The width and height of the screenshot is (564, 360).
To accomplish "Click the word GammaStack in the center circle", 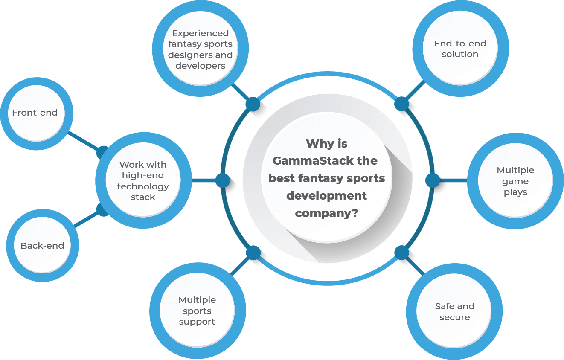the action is pyautogui.click(x=313, y=161).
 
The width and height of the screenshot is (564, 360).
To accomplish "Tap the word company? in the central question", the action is pyautogui.click(x=326, y=214).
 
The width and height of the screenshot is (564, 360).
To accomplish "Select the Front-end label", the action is pyautogui.click(x=35, y=113).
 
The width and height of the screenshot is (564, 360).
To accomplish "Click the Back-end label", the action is pyautogui.click(x=42, y=245).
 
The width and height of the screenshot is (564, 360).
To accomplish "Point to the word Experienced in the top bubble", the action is pyautogui.click(x=201, y=33).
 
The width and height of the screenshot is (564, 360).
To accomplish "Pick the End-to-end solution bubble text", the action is pyautogui.click(x=460, y=49).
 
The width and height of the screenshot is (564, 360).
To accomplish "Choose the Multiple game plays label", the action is pyautogui.click(x=515, y=181).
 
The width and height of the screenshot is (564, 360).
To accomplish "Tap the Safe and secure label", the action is pyautogui.click(x=455, y=312).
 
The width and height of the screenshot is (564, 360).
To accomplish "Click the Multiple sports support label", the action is pyautogui.click(x=197, y=311).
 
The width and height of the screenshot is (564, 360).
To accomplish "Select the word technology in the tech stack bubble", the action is pyautogui.click(x=143, y=186).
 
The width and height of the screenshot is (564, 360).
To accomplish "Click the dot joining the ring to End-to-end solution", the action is pyautogui.click(x=401, y=104).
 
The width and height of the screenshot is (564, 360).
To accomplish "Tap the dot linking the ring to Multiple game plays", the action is pyautogui.click(x=433, y=180).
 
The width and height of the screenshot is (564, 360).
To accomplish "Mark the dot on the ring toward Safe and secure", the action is pyautogui.click(x=401, y=253).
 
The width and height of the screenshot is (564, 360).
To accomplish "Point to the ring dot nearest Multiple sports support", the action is pyautogui.click(x=253, y=253).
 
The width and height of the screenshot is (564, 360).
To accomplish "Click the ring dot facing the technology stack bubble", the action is pyautogui.click(x=223, y=180).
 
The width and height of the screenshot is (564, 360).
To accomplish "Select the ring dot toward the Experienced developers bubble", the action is pyautogui.click(x=253, y=104).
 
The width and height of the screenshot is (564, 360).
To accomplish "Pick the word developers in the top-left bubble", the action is pyautogui.click(x=201, y=66).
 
